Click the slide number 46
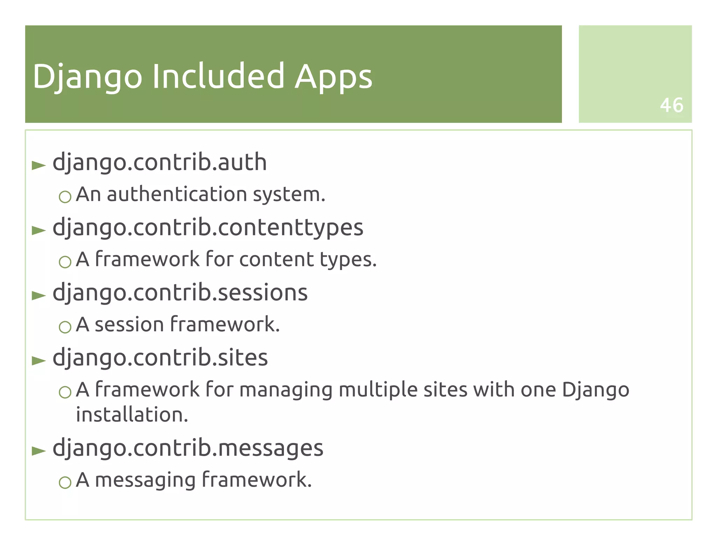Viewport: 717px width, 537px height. click(671, 105)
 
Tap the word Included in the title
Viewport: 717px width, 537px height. click(218, 76)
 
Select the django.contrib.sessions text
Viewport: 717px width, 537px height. click(180, 293)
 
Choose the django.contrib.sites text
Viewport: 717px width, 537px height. click(160, 358)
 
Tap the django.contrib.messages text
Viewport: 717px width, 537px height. click(188, 448)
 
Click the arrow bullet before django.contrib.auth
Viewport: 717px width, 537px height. click(39, 165)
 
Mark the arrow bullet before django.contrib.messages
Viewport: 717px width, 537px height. click(39, 451)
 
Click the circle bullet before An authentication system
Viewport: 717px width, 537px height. click(65, 197)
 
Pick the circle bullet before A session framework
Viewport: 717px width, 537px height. click(65, 327)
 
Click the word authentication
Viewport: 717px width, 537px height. click(177, 194)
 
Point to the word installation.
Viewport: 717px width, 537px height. click(132, 415)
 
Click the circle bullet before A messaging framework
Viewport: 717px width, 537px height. click(65, 483)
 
